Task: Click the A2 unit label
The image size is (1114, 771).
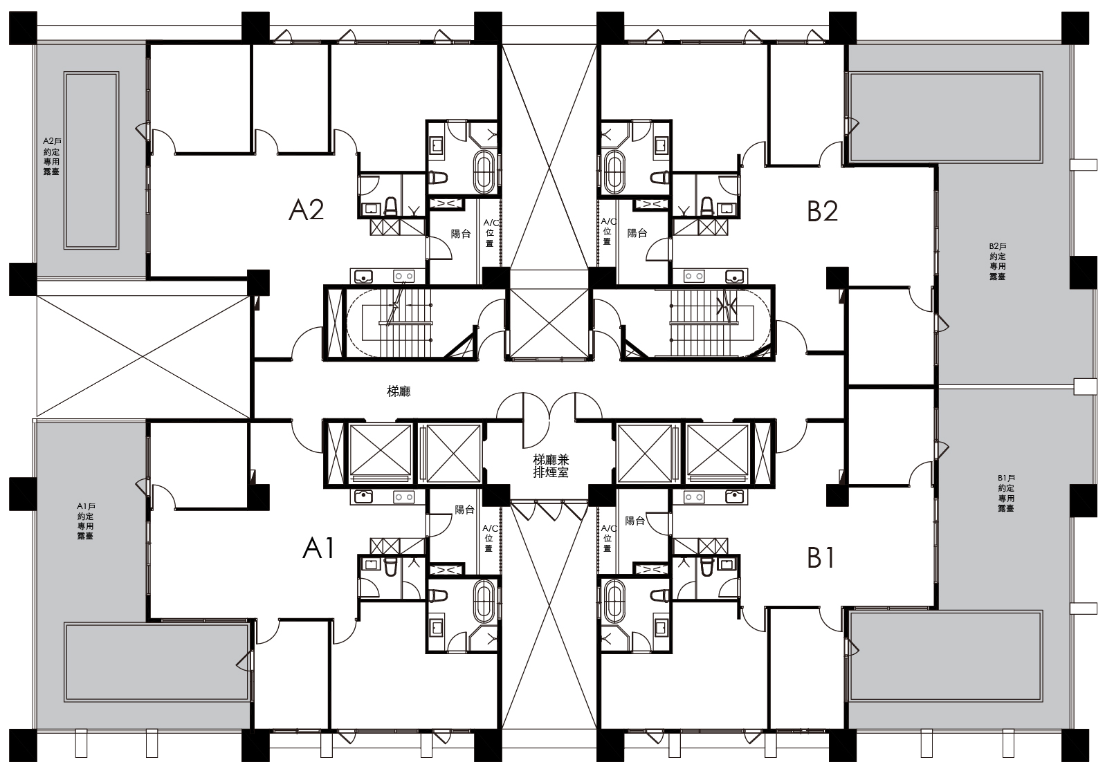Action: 307,210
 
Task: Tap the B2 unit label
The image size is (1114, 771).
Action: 823,211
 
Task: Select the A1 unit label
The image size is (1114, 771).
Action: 319,549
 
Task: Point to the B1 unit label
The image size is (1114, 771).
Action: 821,558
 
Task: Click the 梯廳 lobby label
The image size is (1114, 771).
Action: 399,391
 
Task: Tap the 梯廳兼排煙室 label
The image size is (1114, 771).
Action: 551,466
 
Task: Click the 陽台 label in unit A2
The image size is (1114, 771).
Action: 461,234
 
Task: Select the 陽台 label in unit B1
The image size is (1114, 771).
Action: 634,521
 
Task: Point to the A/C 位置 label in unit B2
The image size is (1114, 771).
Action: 608,231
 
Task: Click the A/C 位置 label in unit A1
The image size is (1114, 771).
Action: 490,538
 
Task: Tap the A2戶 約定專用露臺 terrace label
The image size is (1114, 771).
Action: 51,156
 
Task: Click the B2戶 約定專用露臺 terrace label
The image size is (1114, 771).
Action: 997,261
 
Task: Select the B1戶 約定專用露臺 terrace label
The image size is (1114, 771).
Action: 1005,493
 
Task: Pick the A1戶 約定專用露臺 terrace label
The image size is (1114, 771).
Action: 86,521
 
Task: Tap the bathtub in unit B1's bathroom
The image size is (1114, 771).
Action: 614,602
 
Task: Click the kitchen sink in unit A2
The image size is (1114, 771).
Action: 365,275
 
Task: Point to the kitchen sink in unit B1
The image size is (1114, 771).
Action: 735,496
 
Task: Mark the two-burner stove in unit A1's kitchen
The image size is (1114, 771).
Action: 404,496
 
